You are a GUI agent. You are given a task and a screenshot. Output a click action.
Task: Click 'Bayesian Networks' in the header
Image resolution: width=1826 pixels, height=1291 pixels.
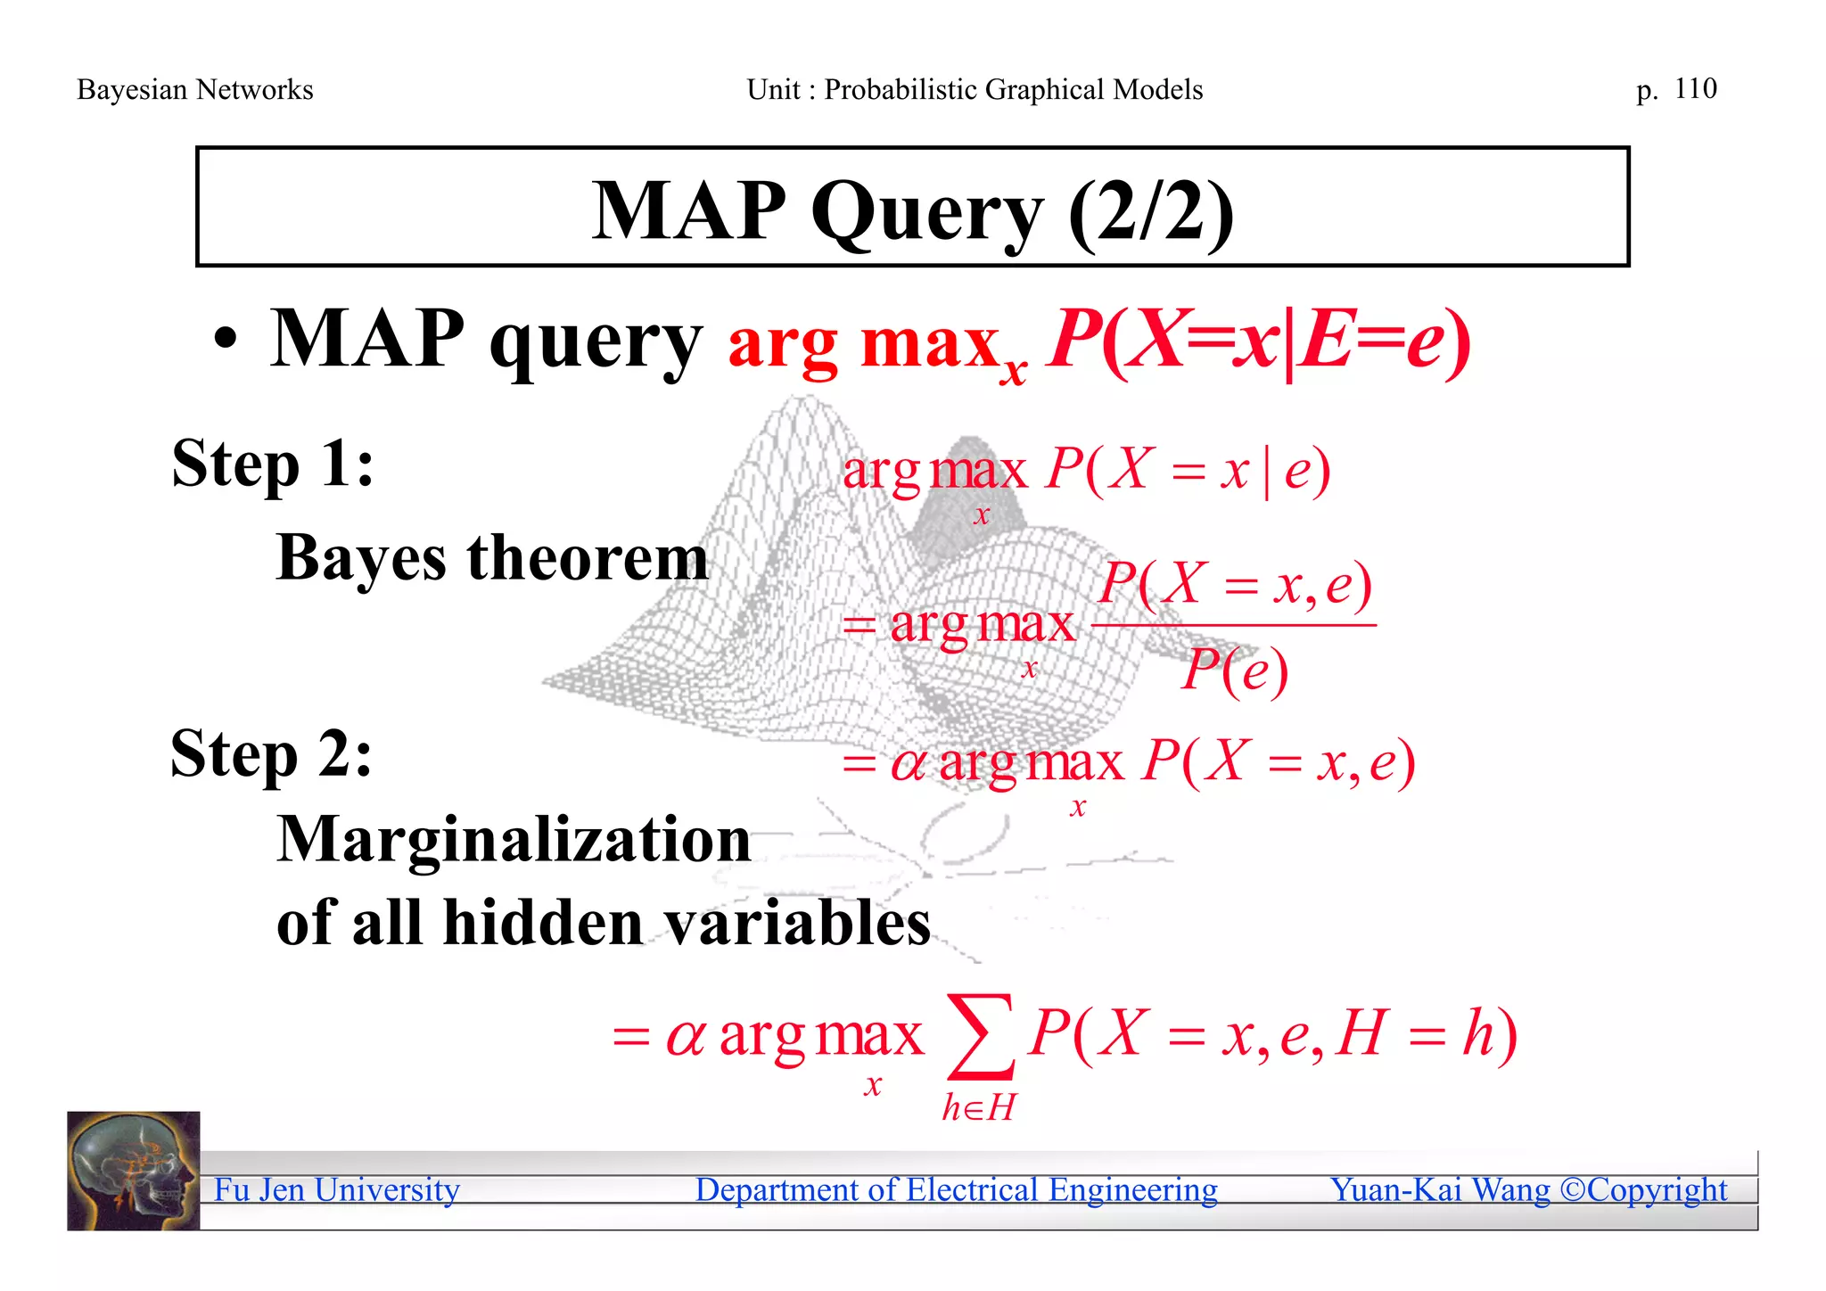194,90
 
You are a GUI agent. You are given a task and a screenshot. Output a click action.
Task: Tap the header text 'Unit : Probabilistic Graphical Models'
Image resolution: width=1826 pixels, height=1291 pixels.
975,90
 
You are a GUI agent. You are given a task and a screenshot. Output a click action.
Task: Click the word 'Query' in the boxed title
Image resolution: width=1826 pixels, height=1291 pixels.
926,213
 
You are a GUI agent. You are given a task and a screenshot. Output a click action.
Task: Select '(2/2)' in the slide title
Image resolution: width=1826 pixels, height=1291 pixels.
1150,211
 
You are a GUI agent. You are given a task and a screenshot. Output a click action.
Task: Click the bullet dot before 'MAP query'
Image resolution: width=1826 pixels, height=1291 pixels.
226,342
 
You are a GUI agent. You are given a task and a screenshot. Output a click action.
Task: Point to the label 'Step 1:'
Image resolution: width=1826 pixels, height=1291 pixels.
273,465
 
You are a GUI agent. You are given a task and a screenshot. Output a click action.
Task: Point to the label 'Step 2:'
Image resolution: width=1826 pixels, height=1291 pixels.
271,754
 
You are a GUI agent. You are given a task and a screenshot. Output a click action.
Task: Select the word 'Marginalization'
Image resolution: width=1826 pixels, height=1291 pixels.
514,841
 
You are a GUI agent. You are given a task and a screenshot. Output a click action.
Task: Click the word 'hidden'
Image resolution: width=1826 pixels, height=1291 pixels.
543,923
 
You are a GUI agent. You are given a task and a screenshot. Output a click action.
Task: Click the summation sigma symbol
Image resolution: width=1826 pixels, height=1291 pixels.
980,1036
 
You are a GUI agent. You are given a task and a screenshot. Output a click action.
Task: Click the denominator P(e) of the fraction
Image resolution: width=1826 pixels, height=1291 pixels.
1235,670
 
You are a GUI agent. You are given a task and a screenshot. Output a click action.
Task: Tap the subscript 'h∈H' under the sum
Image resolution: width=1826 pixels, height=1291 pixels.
979,1108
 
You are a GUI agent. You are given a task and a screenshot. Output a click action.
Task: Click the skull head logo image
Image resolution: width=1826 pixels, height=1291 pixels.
134,1171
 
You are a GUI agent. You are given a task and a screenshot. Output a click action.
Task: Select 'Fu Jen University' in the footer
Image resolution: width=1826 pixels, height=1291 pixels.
337,1190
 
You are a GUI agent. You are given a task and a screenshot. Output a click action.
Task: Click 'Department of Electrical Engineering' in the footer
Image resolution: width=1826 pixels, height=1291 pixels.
956,1190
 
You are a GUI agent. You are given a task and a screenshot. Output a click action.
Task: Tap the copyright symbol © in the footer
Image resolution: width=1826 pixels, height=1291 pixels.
1572,1190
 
